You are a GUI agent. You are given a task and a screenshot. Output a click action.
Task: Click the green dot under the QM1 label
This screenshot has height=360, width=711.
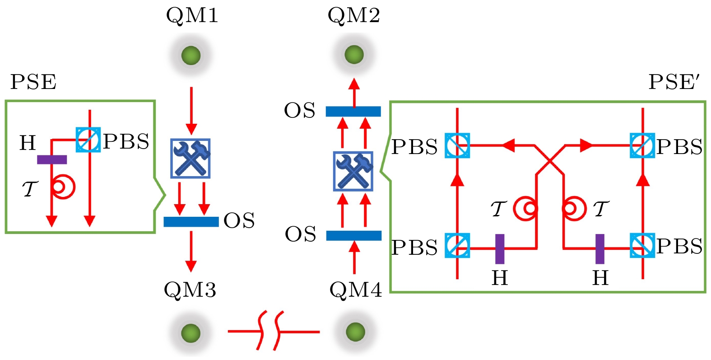point(191,56)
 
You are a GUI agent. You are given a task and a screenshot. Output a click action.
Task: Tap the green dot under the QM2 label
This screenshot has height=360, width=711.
point(354,55)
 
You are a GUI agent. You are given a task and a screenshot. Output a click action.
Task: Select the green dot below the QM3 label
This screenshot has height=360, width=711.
point(191,333)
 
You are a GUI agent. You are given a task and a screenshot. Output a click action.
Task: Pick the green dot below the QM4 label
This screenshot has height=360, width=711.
point(355,332)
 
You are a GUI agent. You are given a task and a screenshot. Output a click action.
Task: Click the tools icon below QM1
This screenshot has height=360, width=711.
point(191,158)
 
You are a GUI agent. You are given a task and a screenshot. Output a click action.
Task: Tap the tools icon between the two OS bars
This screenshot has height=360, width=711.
point(353,171)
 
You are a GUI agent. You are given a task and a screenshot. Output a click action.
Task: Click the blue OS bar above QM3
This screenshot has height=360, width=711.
point(191,222)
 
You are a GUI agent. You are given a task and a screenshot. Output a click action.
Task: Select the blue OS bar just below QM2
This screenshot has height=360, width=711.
point(353,111)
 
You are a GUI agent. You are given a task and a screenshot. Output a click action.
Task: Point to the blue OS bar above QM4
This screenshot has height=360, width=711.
point(353,235)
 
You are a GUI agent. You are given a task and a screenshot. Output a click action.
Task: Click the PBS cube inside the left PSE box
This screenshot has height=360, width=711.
point(88,140)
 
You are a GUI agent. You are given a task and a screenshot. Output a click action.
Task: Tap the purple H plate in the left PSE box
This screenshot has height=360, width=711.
point(52,159)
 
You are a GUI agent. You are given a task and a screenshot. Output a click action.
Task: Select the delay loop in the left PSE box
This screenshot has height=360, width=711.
point(63,187)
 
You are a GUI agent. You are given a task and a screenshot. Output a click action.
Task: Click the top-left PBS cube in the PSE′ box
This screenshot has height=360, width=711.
point(457,145)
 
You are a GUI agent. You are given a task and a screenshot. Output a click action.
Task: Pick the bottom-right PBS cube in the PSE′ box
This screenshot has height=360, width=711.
point(642,246)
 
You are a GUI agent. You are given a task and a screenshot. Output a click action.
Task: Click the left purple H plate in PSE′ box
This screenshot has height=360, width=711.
point(500,248)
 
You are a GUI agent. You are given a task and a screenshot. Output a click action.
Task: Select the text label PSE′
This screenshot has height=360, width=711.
point(674,82)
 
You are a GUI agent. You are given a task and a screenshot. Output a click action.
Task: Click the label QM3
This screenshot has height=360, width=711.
point(190,290)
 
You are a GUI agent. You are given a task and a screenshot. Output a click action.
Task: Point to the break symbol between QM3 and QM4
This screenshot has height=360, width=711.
point(271,331)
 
